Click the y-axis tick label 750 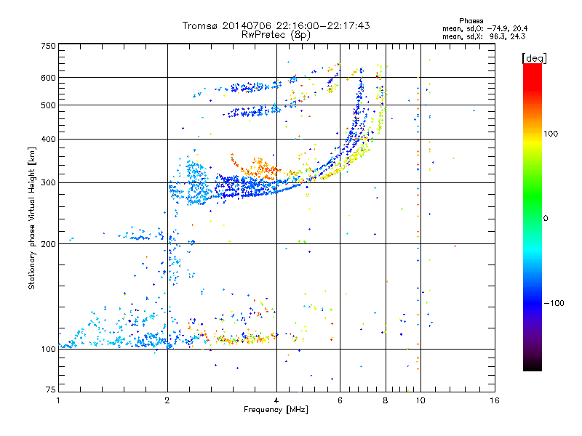click(x=48, y=46)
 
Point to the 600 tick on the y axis click(x=48, y=78)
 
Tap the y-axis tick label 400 click(x=48, y=139)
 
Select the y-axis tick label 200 click(x=48, y=244)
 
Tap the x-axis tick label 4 click(x=276, y=400)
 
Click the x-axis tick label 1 click(x=58, y=400)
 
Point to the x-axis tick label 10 click(x=420, y=400)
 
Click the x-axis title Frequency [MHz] click(x=276, y=411)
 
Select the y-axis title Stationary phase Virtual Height click(x=32, y=217)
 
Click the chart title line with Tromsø click(x=276, y=25)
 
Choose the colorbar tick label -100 click(x=554, y=302)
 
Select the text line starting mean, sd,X click(x=489, y=36)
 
